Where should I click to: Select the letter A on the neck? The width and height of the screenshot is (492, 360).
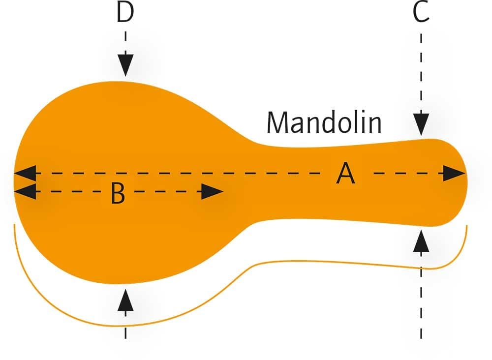(x=345, y=173)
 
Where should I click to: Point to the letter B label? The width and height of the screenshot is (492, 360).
(x=118, y=193)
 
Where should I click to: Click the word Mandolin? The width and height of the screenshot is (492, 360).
(x=324, y=122)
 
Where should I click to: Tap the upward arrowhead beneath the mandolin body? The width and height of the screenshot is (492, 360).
(x=125, y=300)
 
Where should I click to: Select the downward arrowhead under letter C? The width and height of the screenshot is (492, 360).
(x=421, y=124)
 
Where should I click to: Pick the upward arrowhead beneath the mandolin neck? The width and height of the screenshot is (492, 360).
(x=421, y=241)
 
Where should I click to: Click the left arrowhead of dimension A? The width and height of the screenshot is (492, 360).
(x=25, y=173)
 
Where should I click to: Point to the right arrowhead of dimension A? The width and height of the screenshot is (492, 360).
(x=454, y=173)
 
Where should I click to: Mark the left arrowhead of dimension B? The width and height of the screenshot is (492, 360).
(x=25, y=191)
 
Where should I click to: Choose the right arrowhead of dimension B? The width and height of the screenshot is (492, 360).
(x=212, y=191)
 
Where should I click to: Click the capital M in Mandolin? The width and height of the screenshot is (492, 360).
(x=277, y=123)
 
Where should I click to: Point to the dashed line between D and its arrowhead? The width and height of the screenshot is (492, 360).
(x=125, y=43)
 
